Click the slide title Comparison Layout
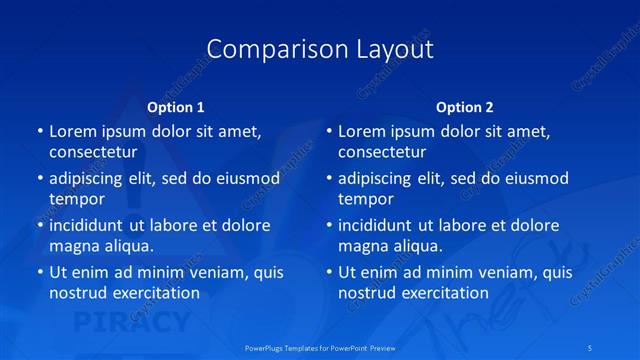coord(320,49)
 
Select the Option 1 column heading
coord(176,107)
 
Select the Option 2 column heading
coord(465,107)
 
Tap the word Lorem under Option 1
coord(71,131)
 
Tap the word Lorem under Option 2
coord(360,131)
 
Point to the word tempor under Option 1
coord(77,199)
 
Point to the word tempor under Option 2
coord(366,199)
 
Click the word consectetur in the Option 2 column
coord(382,152)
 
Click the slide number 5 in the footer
coord(619,347)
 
